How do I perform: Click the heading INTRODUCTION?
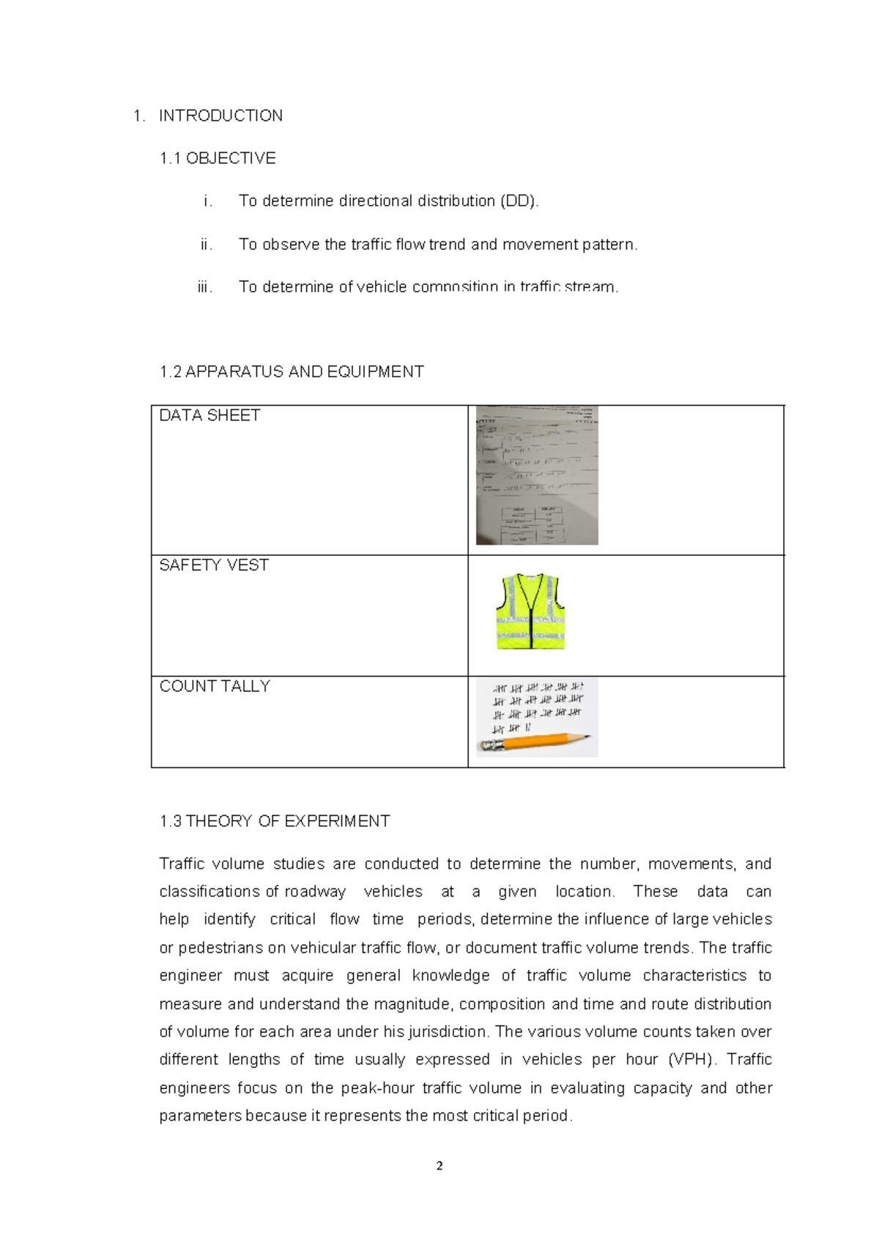220,116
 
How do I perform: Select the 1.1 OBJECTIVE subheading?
218,158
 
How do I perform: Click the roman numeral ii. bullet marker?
206,245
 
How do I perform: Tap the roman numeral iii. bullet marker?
204,287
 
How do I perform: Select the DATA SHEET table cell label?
209,416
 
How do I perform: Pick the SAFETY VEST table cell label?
214,565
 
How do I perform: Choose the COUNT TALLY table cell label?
215,686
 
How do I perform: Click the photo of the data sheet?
537,475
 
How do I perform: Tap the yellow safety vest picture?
531,612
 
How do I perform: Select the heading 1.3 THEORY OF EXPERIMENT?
275,822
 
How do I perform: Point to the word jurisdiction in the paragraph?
445,1032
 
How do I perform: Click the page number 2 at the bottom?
439,1166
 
